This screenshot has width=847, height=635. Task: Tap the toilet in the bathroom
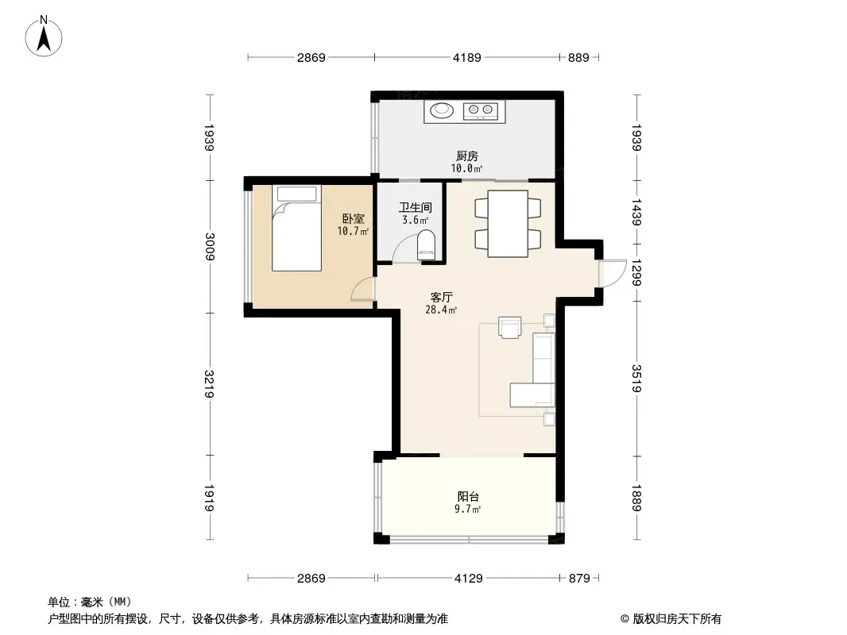coord(427,245)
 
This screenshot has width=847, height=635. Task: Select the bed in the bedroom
coord(296,228)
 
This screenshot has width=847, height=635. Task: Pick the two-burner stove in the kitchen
coord(482,111)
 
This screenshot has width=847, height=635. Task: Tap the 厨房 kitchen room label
coord(466,156)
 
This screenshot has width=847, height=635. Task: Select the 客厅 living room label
coord(441,297)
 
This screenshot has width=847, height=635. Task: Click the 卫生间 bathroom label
coord(415,208)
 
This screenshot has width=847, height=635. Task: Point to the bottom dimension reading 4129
coord(468,579)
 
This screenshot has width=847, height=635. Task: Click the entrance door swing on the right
coord(610,274)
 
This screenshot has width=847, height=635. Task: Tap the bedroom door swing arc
coord(362,290)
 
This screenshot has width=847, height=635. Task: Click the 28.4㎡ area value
coord(441,310)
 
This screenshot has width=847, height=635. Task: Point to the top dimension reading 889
coord(578,57)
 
